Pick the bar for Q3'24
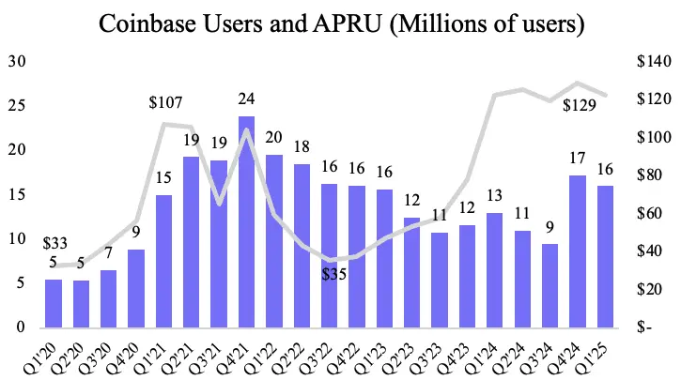click(x=550, y=285)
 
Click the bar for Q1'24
click(x=495, y=269)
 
